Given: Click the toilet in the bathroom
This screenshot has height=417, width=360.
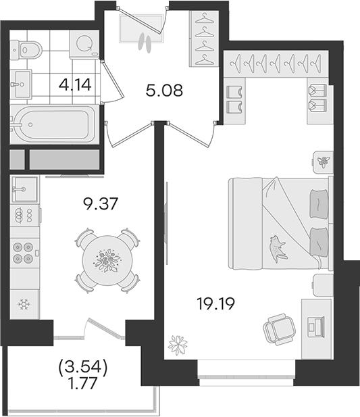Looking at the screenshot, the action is pos(26,49).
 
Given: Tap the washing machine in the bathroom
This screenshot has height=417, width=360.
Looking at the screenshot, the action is pos(84,44).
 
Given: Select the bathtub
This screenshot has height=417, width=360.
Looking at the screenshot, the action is pos(54,124).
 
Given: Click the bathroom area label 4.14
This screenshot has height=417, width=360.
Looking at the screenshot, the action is pos(76,84).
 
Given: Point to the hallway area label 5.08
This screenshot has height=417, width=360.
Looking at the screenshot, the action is pos(164,91).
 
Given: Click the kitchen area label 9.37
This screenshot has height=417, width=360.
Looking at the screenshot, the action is pos(100,204).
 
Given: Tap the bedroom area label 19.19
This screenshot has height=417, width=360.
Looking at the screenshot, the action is pos(215,303).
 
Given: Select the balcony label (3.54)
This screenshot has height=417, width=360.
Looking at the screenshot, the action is pos(82,368).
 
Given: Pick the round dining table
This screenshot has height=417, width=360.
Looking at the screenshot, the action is pos(107,260).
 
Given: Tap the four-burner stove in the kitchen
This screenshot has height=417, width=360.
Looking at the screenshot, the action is pos(24,253).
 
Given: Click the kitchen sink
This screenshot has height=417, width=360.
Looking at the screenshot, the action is pos(24,189).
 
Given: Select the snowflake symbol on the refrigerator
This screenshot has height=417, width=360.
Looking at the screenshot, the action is pos(24,304).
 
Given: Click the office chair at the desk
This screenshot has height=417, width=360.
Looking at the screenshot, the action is pos(280,329).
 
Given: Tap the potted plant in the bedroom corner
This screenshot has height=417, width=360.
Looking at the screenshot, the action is pos(178,345).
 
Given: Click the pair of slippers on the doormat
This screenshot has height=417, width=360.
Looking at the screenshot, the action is pos(145,43).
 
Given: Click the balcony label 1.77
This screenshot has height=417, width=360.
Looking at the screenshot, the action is pos(82,383).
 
